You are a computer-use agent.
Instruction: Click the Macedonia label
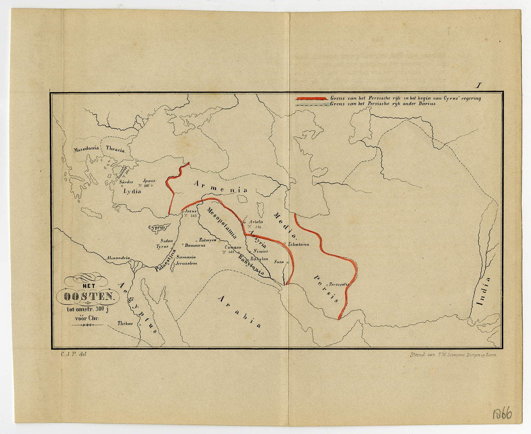(x=86, y=149)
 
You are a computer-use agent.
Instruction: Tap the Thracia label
(x=115, y=149)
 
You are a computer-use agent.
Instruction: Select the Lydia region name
(x=132, y=191)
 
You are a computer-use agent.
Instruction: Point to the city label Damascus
(x=195, y=245)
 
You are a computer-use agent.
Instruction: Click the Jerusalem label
(x=186, y=263)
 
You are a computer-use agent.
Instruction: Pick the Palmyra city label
(x=208, y=240)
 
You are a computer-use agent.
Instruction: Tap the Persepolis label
(x=339, y=284)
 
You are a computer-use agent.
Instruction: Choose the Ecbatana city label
(x=298, y=244)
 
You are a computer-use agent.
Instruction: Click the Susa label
(x=279, y=262)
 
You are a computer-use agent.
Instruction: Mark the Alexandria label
(x=118, y=258)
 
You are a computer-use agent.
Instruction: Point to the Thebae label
(x=125, y=323)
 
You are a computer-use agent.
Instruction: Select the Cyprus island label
(x=157, y=227)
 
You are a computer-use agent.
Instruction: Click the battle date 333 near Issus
(x=193, y=216)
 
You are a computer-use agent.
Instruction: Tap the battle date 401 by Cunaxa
(x=231, y=252)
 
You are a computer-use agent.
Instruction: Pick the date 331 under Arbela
(x=259, y=227)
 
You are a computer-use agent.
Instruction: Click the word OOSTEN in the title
(x=88, y=297)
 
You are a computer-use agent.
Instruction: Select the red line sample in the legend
(x=311, y=98)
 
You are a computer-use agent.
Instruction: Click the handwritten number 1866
(x=502, y=414)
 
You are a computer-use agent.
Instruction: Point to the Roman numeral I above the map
(x=478, y=86)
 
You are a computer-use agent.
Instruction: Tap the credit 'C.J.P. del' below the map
(x=73, y=354)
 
